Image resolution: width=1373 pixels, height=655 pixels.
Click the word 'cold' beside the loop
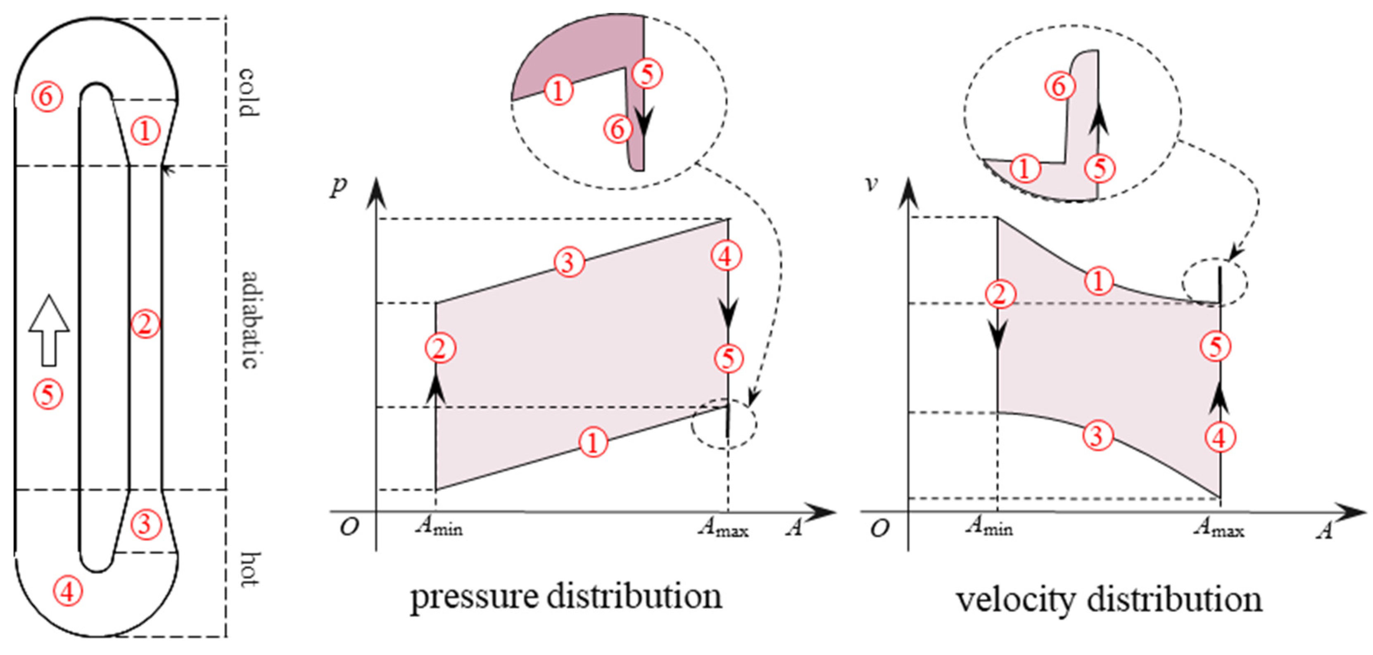(x=248, y=92)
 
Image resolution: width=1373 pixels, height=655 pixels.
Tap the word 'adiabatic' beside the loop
(x=249, y=320)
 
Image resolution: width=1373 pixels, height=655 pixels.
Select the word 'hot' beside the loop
(x=248, y=569)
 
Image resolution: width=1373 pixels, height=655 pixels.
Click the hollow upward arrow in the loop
(x=49, y=330)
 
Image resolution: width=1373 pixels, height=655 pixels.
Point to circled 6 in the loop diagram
(x=47, y=97)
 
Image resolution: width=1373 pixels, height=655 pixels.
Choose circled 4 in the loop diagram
(x=68, y=591)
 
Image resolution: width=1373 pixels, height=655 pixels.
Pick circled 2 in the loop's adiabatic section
(x=145, y=324)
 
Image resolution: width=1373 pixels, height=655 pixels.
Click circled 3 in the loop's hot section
(x=145, y=524)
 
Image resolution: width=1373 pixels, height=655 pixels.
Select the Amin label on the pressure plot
(x=439, y=527)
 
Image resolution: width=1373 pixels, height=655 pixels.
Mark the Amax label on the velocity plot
(x=1219, y=528)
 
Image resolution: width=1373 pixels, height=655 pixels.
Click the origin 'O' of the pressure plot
(x=349, y=528)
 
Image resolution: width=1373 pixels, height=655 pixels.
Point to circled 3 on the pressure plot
(x=569, y=262)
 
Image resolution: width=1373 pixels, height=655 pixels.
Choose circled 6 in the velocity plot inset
(x=1059, y=86)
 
